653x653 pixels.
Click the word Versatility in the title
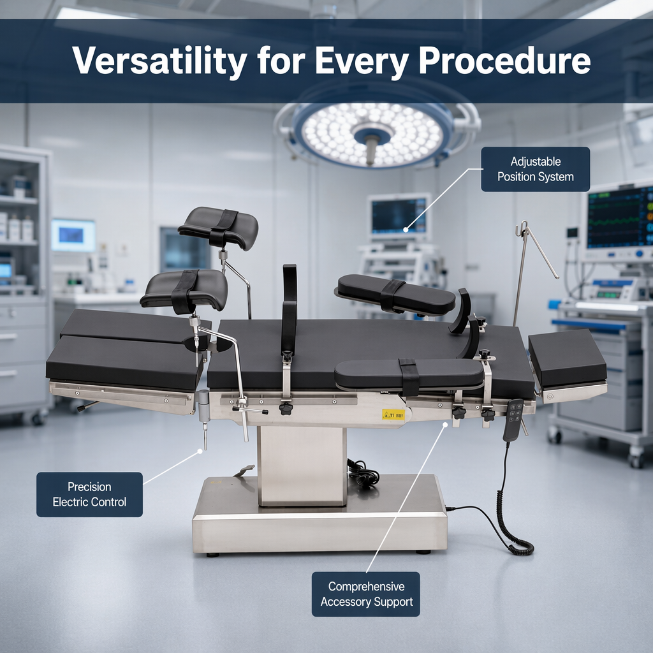tap(159, 61)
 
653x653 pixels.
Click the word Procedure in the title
tap(504, 61)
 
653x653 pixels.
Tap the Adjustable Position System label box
tap(535, 169)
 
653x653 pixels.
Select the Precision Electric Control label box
tap(89, 494)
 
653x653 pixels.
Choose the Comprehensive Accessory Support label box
tap(366, 594)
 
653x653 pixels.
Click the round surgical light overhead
tap(372, 134)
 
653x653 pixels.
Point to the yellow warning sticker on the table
tap(393, 415)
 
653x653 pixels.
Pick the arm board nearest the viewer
tap(409, 374)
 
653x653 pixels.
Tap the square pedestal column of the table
tap(302, 466)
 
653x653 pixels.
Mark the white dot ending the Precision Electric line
tap(200, 451)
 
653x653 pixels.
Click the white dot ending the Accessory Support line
tap(444, 425)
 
